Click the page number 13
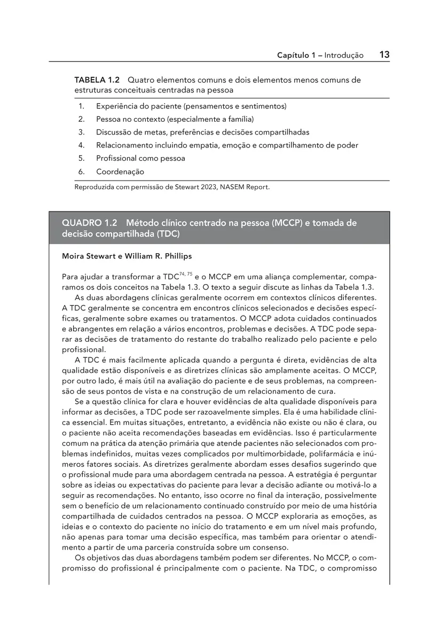point(384,54)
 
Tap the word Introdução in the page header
point(344,56)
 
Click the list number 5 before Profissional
point(81,159)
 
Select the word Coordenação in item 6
point(120,172)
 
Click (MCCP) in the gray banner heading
point(287,223)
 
